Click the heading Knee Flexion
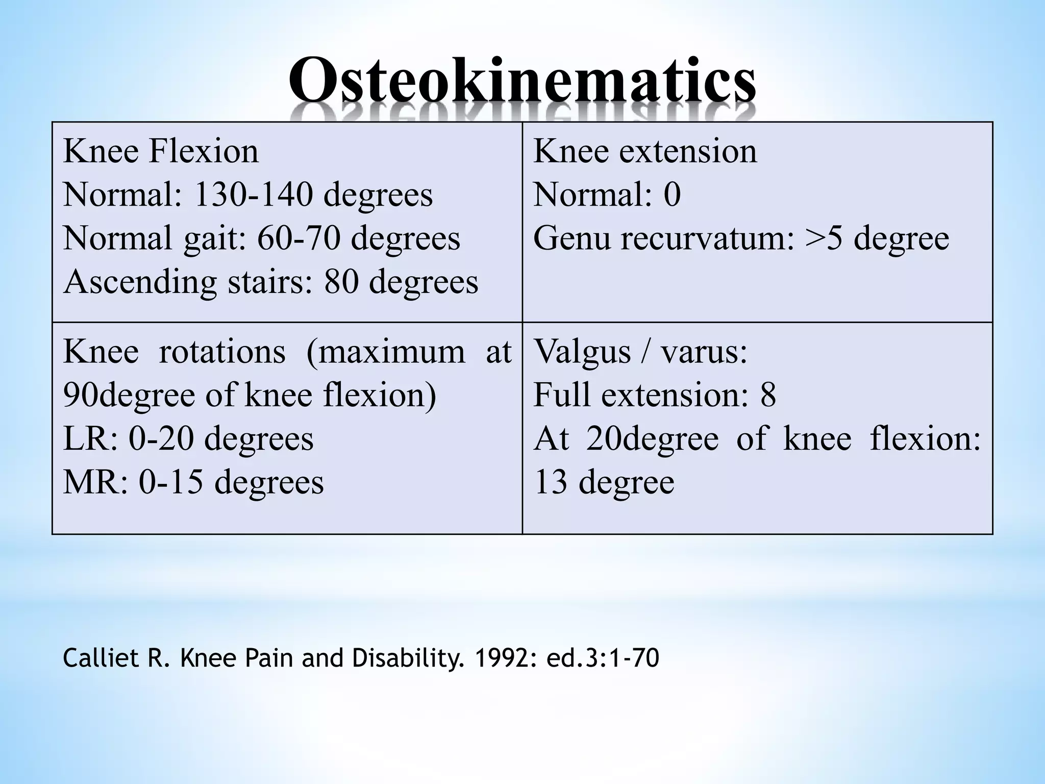(161, 152)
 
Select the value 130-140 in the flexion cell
(253, 195)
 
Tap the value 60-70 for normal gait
(298, 238)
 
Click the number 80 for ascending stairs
(341, 282)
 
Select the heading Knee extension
(645, 152)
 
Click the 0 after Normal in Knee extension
(672, 195)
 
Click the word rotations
(222, 352)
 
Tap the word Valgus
(582, 352)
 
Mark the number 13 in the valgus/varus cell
(550, 482)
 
